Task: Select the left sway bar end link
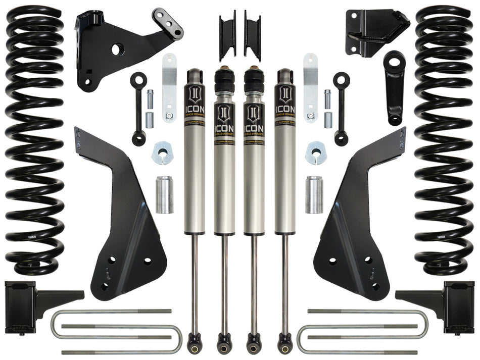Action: click(138, 109)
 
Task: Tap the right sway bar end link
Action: click(342, 109)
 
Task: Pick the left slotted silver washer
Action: click(163, 153)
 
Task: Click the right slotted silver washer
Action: click(316, 153)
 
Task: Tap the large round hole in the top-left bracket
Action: click(116, 49)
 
